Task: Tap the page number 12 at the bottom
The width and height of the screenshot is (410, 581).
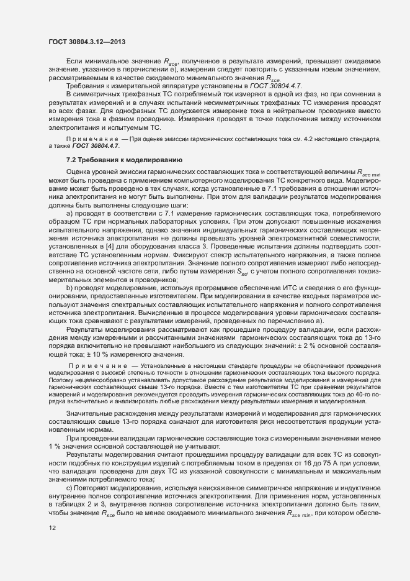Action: click(x=52, y=546)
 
